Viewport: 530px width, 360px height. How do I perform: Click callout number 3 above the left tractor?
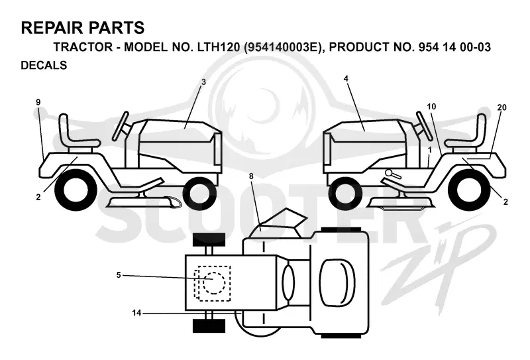[203, 82]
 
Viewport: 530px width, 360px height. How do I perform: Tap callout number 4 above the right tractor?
[346, 79]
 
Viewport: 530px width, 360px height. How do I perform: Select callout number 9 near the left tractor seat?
[38, 102]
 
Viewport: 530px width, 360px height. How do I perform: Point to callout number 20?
[502, 107]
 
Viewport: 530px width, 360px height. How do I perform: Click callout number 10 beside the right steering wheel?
[431, 107]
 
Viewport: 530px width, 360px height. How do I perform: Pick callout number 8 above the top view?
[251, 176]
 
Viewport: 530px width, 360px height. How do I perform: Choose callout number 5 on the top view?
[119, 275]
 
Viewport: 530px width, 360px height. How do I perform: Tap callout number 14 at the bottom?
[136, 313]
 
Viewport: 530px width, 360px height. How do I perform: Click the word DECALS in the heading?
[44, 65]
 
